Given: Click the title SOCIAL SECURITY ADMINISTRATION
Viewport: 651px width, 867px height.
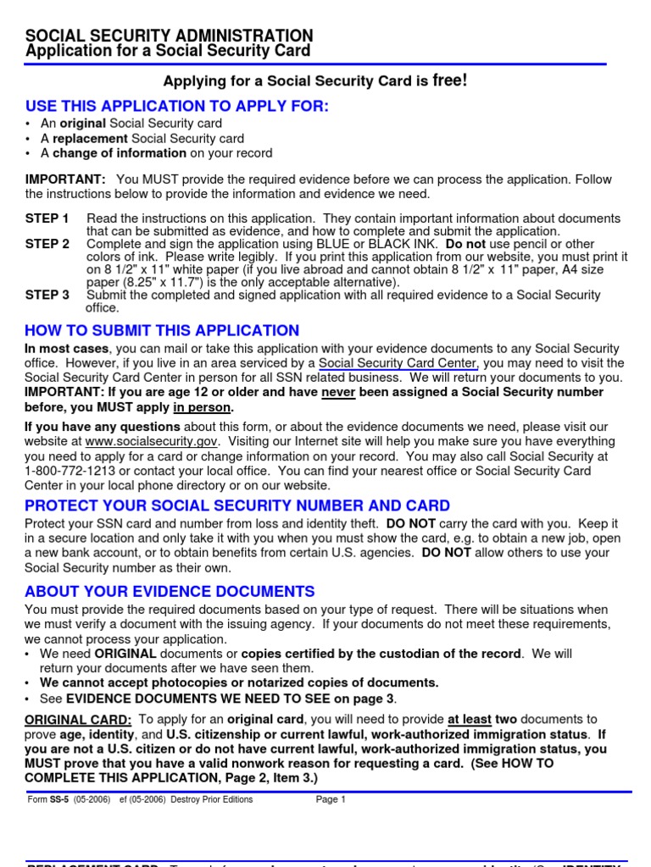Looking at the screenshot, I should pyautogui.click(x=169, y=36).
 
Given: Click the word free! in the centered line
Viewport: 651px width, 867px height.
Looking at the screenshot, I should pyautogui.click(x=449, y=80).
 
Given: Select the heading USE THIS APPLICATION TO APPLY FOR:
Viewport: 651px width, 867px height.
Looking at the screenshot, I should pyautogui.click(x=176, y=107).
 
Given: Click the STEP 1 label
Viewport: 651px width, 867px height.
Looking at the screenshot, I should pyautogui.click(x=47, y=218).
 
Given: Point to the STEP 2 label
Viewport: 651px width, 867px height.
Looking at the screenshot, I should pyautogui.click(x=47, y=244).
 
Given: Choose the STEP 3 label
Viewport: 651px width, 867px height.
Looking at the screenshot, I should pyautogui.click(x=47, y=295).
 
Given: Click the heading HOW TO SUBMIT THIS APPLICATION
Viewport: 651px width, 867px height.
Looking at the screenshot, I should pyautogui.click(x=162, y=331).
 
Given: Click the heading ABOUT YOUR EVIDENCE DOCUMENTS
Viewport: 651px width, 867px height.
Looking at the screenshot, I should pyautogui.click(x=170, y=591).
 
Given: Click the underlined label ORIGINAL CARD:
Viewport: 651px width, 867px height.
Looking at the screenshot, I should pyautogui.click(x=78, y=719).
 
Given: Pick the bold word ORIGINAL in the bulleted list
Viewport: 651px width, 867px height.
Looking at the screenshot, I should pyautogui.click(x=125, y=654).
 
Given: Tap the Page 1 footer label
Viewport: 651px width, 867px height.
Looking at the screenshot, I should pyautogui.click(x=331, y=799).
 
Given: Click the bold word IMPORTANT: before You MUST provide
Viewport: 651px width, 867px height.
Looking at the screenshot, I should pyautogui.click(x=65, y=179).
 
